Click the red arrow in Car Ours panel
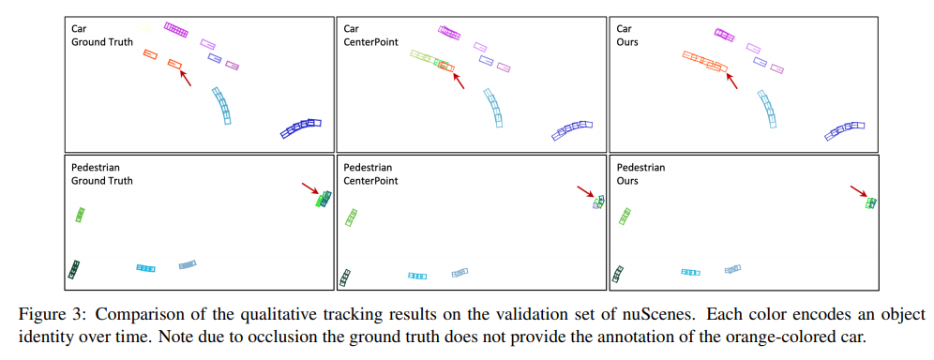pyautogui.click(x=731, y=81)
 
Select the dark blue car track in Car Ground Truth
pyautogui.click(x=301, y=127)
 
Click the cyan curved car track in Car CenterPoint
pyautogui.click(x=494, y=107)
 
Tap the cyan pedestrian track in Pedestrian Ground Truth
pyautogui.click(x=145, y=268)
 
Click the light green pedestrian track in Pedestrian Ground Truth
pyautogui.click(x=81, y=214)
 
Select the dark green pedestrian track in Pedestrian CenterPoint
pyautogui.click(x=344, y=277)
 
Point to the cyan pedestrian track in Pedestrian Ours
pyautogui.click(x=690, y=272)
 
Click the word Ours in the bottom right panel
pyautogui.click(x=627, y=180)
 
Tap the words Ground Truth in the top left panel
pyautogui.click(x=102, y=42)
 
